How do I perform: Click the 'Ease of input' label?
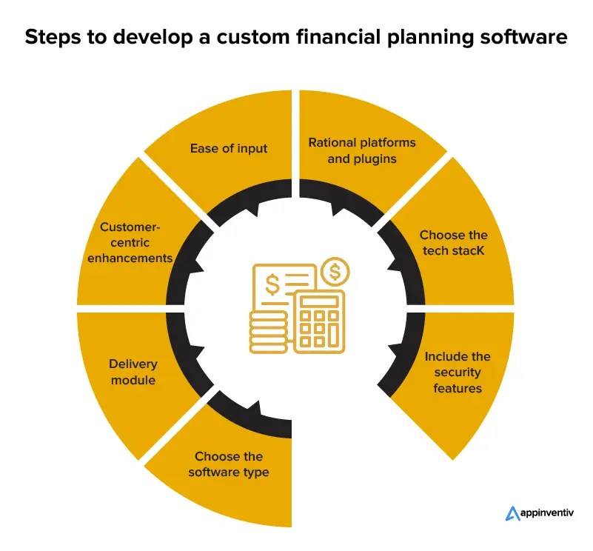tap(229, 148)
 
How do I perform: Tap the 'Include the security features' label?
tap(457, 373)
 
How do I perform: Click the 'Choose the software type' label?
tap(229, 464)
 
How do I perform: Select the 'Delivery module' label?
tap(132, 373)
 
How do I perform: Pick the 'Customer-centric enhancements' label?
tap(136, 243)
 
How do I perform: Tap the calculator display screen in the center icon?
tap(319, 302)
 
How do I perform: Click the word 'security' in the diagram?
tap(457, 373)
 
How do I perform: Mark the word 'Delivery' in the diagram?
tap(132, 364)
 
